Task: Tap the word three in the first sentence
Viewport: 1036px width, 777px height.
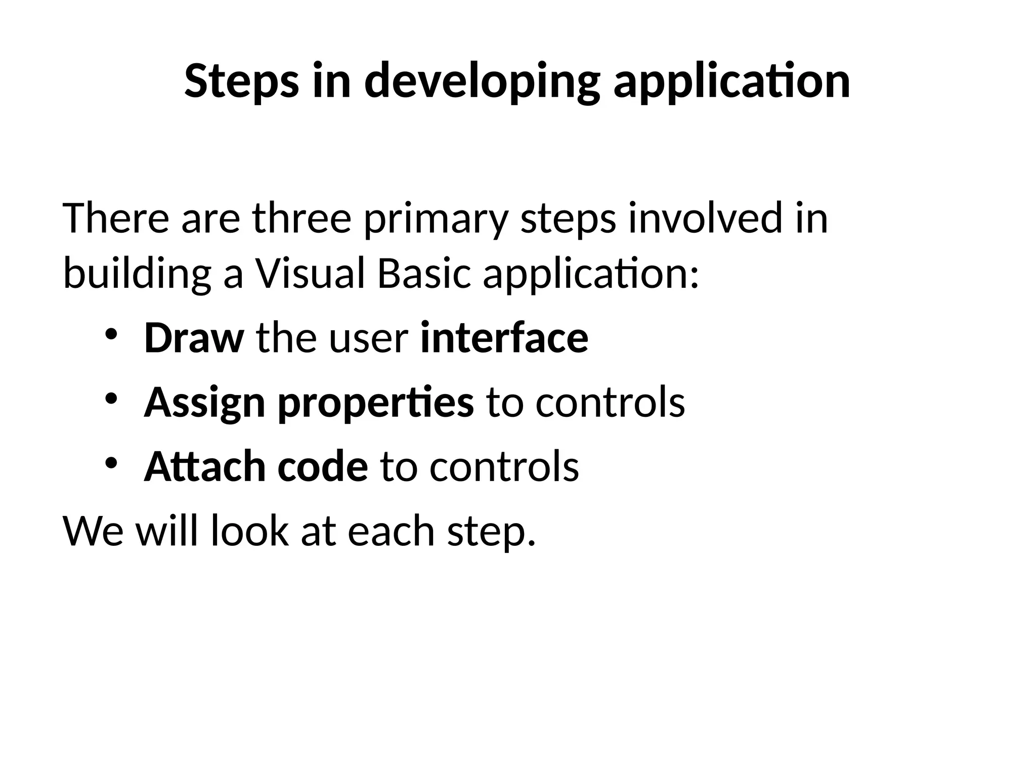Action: click(301, 219)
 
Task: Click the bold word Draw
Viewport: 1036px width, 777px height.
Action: click(194, 338)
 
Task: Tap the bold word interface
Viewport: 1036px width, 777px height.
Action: click(504, 338)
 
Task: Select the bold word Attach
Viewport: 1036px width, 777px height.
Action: click(204, 466)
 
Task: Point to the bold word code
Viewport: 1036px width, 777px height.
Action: click(323, 466)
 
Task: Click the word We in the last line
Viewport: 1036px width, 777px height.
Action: click(93, 531)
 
